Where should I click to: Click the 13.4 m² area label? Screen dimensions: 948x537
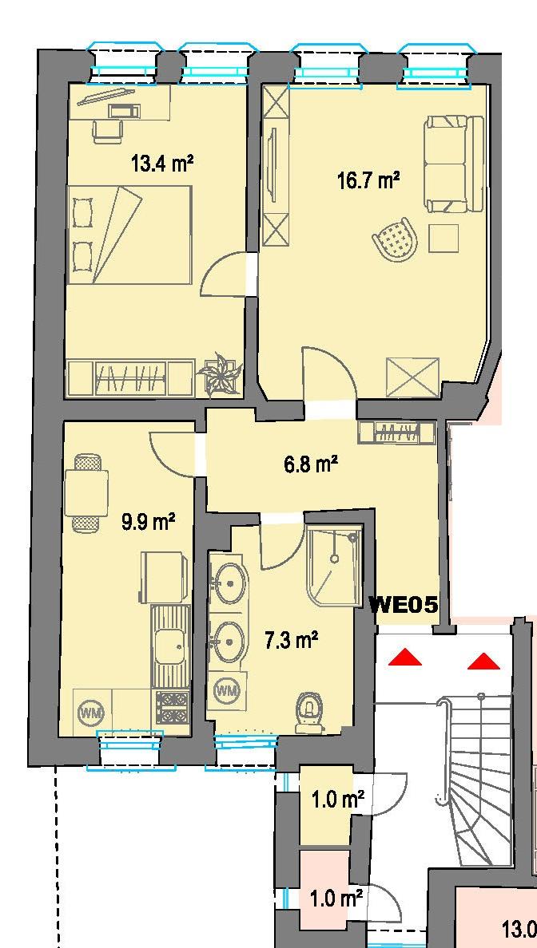point(163,164)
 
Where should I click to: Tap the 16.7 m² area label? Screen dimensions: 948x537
point(368,180)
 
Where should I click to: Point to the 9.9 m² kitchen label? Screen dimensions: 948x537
point(149,523)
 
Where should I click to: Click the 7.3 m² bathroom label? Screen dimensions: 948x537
point(292,639)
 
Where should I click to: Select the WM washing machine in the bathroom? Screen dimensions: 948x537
point(228,689)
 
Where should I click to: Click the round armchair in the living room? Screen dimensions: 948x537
point(394,239)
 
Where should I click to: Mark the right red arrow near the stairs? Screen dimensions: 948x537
point(484,661)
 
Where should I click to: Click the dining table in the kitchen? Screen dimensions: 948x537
point(87,492)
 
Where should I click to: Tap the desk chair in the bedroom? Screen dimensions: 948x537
point(108,130)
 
